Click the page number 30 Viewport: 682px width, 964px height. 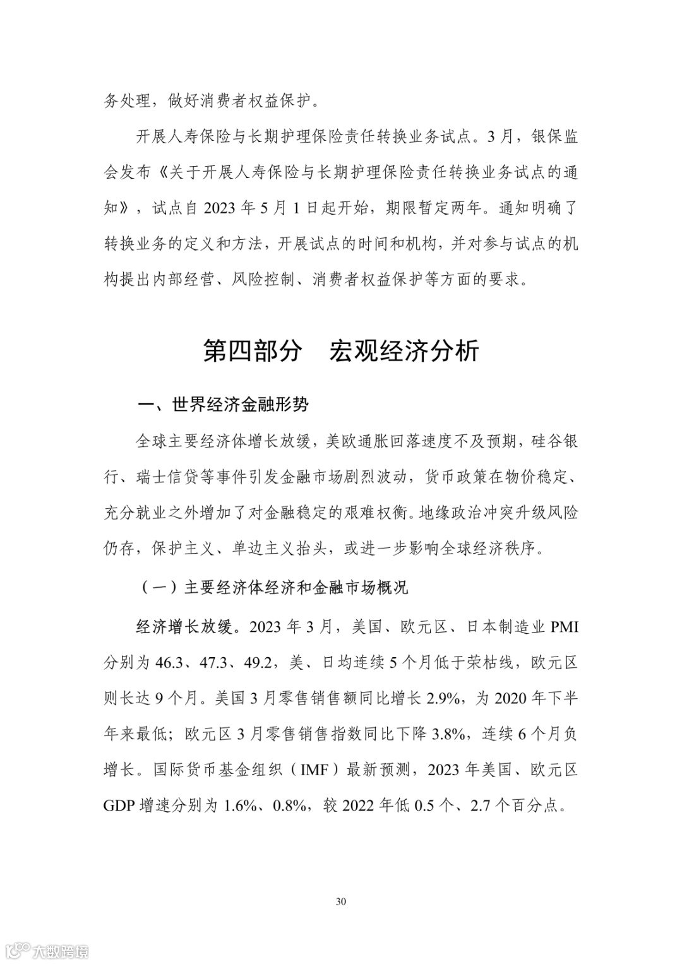[341, 901]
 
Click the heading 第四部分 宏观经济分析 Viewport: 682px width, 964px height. [341, 351]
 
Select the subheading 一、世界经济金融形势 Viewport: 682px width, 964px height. [223, 405]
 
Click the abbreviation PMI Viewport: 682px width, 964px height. [565, 627]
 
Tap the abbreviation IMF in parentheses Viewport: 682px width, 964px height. [314, 770]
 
